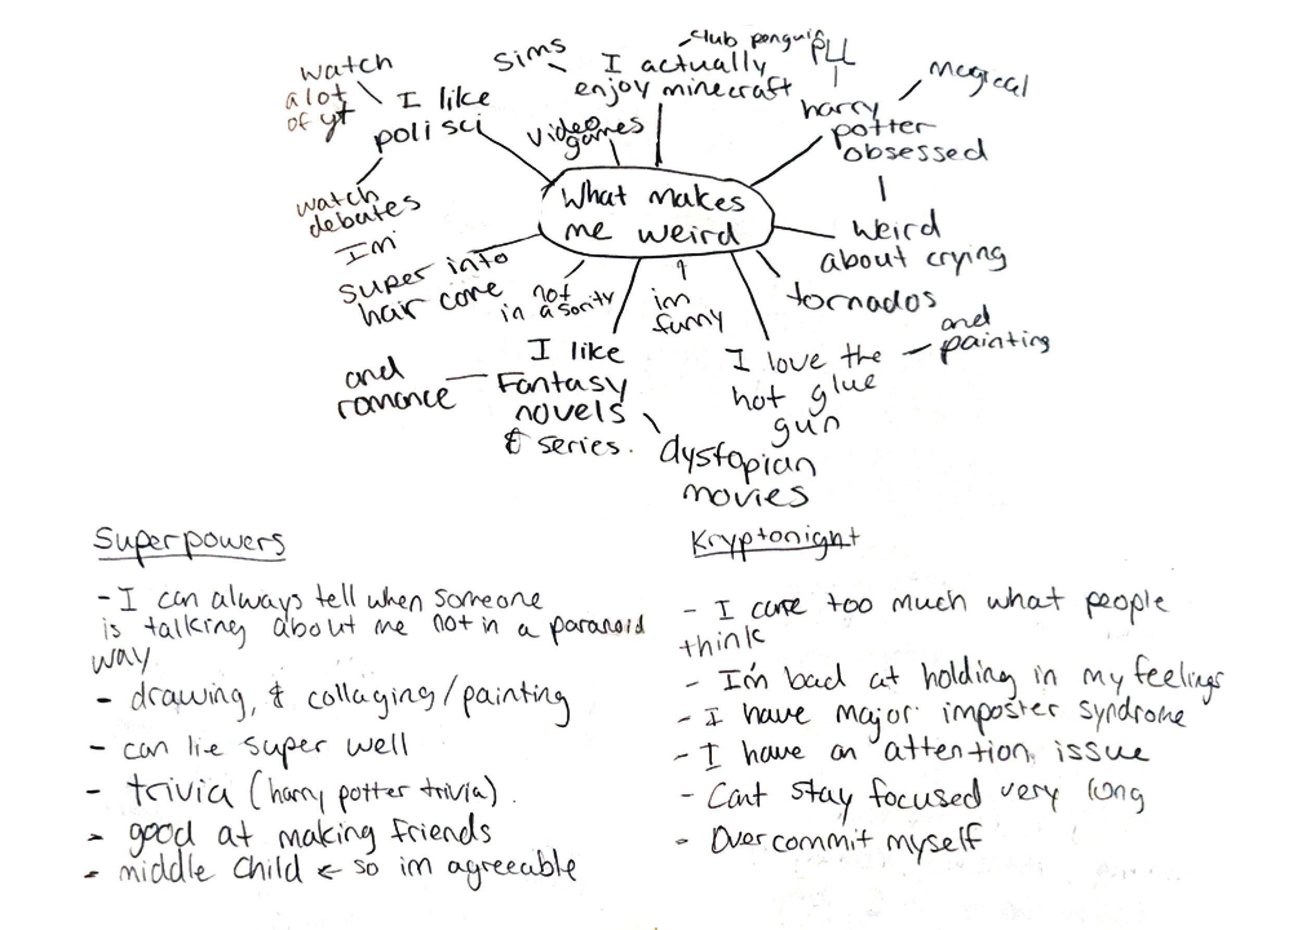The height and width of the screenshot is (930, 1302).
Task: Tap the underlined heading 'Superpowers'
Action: coord(189,542)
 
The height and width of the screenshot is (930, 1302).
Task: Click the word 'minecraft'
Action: coord(727,89)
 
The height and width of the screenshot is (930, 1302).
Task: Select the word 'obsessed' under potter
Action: coord(915,151)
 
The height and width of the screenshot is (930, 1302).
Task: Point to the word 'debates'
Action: coord(365,215)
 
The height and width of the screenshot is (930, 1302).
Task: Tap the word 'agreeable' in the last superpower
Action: coord(511,869)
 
